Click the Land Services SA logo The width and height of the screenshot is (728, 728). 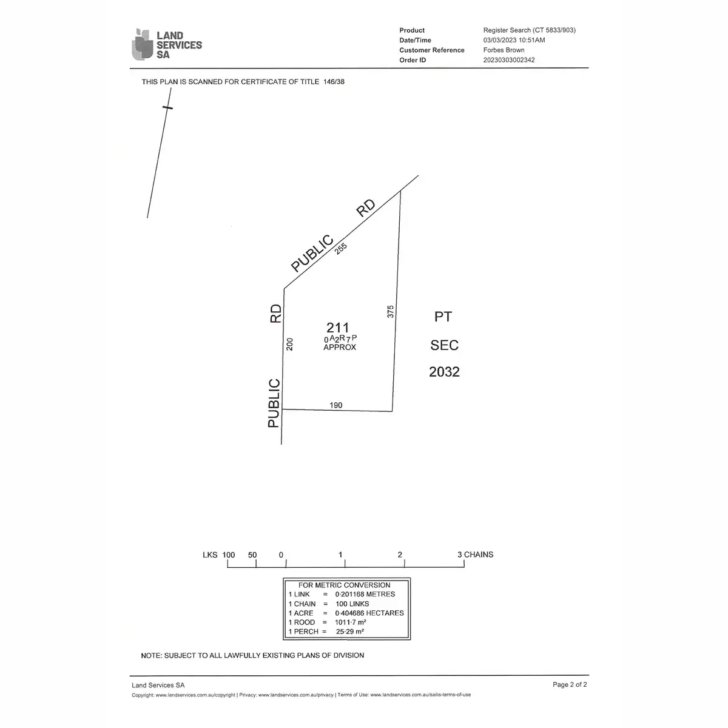coord(166,45)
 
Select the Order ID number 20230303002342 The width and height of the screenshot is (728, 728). coord(509,60)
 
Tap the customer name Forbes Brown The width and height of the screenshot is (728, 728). coord(504,50)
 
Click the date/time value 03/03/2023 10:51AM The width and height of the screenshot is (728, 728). coord(514,40)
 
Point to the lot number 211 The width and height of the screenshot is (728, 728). coord(337,328)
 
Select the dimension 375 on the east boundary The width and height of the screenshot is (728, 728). coord(391,311)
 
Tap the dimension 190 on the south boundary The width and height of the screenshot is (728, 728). coord(335,405)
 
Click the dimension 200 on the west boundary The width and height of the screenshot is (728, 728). coord(290,344)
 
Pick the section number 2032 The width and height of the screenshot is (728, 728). coord(444,372)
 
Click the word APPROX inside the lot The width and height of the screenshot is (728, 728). coord(340,348)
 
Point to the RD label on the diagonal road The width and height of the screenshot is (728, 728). coord(366,208)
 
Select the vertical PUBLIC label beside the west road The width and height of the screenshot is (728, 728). coord(274,403)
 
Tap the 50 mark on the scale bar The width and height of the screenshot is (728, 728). coord(252,555)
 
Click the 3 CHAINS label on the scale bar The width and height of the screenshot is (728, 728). coord(475,554)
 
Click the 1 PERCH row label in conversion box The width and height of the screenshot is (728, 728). coord(302,632)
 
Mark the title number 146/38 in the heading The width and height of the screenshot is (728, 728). coord(334,82)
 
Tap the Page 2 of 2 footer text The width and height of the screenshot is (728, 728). coord(570,685)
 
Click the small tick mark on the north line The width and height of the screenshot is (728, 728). coord(167,107)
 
